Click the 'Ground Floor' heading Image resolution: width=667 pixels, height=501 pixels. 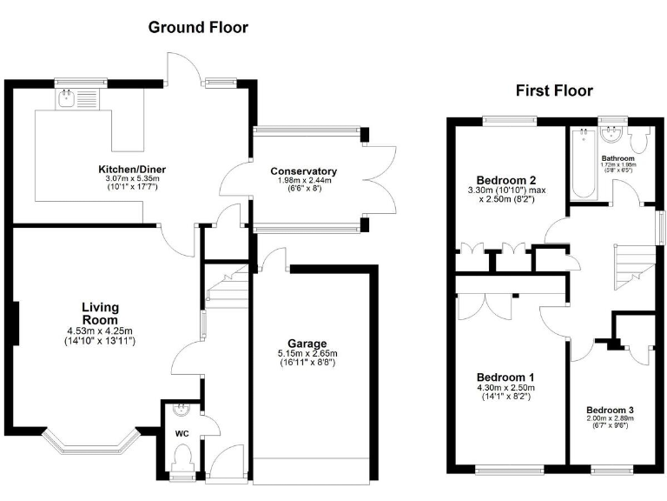click(x=198, y=27)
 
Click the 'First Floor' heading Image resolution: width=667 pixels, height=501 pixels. click(x=554, y=90)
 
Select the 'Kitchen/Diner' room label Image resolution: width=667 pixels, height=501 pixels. click(x=131, y=168)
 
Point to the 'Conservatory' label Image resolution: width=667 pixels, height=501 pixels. click(x=303, y=170)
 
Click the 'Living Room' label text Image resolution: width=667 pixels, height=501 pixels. click(x=100, y=313)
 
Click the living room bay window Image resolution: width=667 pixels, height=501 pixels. click(x=90, y=442)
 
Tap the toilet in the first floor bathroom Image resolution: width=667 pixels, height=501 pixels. click(x=641, y=143)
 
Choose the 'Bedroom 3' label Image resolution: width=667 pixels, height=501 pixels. click(x=610, y=410)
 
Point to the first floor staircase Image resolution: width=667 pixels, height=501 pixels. click(x=627, y=266)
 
